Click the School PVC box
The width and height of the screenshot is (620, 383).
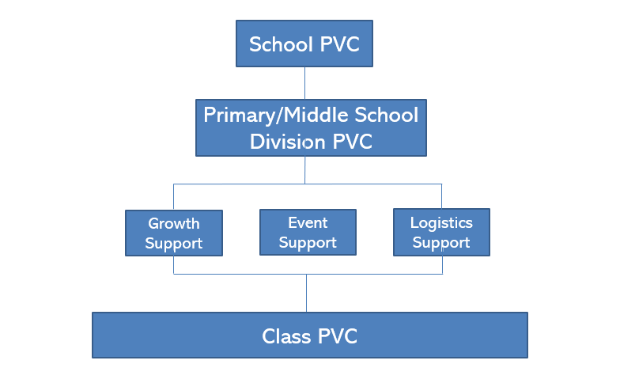[x=304, y=44]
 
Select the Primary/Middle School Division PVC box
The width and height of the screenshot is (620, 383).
[x=311, y=127]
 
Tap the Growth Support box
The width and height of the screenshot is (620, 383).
[x=174, y=233]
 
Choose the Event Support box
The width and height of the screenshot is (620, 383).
[x=308, y=232]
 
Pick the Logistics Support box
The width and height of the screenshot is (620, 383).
[x=441, y=232]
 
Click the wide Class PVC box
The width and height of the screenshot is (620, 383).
[x=310, y=336]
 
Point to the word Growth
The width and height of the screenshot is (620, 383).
[x=174, y=223]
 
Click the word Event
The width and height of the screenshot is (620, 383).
[x=308, y=222]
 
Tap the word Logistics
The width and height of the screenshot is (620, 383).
[x=441, y=222]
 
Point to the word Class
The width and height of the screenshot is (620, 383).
[x=287, y=336]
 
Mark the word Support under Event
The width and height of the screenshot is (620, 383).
[x=308, y=243]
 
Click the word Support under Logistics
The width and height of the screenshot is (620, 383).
[x=441, y=243]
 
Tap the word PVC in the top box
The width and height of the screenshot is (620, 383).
[x=339, y=44]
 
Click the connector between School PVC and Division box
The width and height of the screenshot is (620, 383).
[x=305, y=83]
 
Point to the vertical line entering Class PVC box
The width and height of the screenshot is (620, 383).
[x=307, y=293]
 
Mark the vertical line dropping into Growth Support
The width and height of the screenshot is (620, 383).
[x=174, y=197]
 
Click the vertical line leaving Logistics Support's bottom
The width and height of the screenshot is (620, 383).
[x=441, y=265]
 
